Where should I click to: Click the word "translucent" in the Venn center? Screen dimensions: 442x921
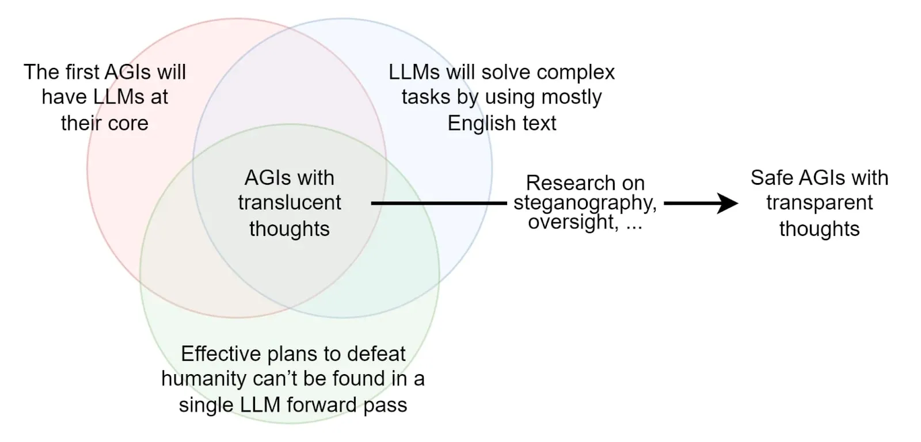289,203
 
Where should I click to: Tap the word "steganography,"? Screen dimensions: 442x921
585,203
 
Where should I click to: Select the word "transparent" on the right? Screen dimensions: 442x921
819,203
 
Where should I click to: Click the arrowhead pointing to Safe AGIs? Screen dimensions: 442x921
729,203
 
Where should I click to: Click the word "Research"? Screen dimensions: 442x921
562,183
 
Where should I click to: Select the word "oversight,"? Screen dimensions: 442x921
573,222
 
